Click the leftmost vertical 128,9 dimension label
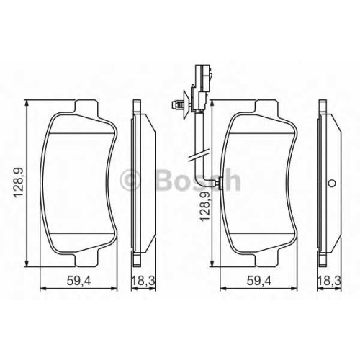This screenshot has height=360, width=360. (x=19, y=183)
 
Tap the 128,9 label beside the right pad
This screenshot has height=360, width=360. (x=205, y=207)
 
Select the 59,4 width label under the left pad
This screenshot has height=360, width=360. (x=78, y=281)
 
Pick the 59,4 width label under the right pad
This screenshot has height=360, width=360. (x=259, y=281)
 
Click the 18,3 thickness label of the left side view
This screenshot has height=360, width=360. (x=143, y=281)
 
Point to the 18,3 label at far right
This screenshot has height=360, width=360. (x=329, y=281)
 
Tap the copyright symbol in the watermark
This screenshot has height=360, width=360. (x=130, y=180)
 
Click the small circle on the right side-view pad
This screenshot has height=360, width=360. (x=332, y=184)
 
